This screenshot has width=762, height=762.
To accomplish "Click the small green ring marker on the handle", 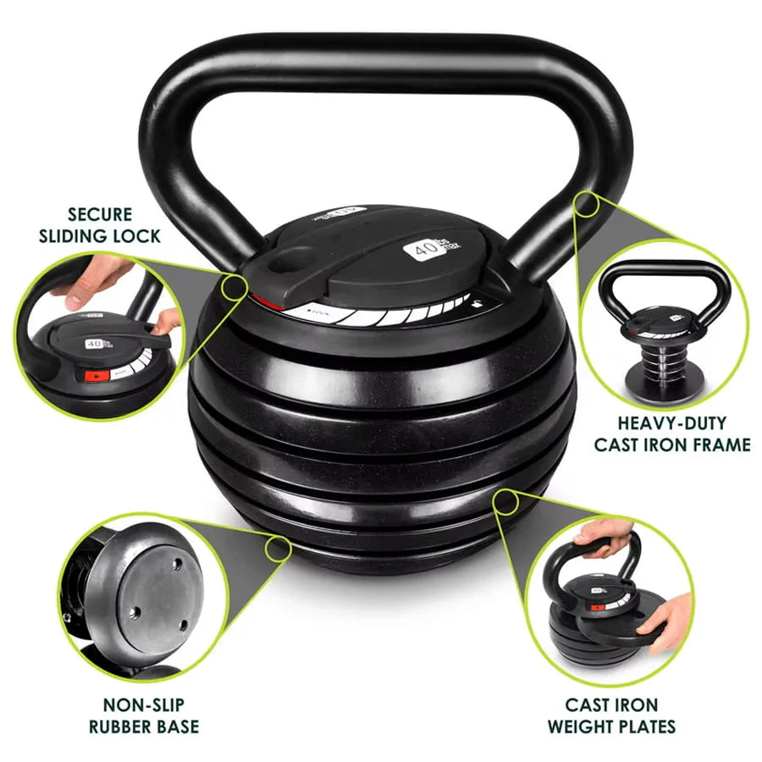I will pos(587,204).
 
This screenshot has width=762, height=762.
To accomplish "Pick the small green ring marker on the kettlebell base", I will pos(277,549).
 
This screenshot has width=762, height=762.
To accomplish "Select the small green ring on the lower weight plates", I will pos(506,501).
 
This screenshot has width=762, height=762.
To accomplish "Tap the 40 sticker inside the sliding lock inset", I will pos(95,344).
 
